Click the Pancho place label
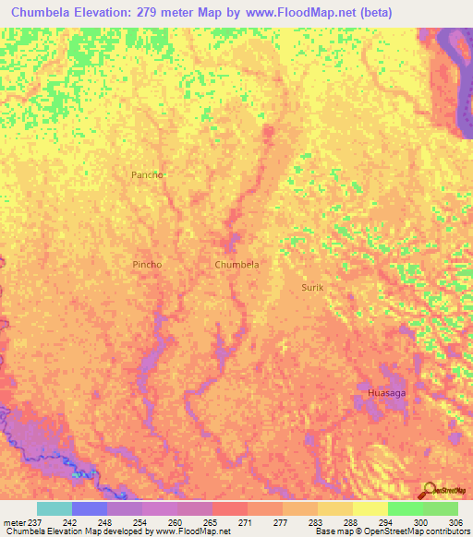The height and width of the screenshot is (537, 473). click(147, 174)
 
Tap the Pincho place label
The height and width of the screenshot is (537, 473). click(147, 265)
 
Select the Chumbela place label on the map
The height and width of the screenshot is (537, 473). click(236, 265)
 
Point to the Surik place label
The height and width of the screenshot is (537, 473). click(312, 288)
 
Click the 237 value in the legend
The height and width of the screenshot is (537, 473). click(35, 521)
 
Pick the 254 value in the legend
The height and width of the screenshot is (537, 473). click(141, 521)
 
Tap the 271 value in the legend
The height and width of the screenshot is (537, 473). click(247, 521)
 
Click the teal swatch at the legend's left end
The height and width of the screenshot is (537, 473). click(54, 508)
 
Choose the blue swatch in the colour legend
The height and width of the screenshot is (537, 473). click(89, 508)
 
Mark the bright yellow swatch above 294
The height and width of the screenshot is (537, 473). click(370, 508)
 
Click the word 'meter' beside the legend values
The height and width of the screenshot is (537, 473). click(14, 521)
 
